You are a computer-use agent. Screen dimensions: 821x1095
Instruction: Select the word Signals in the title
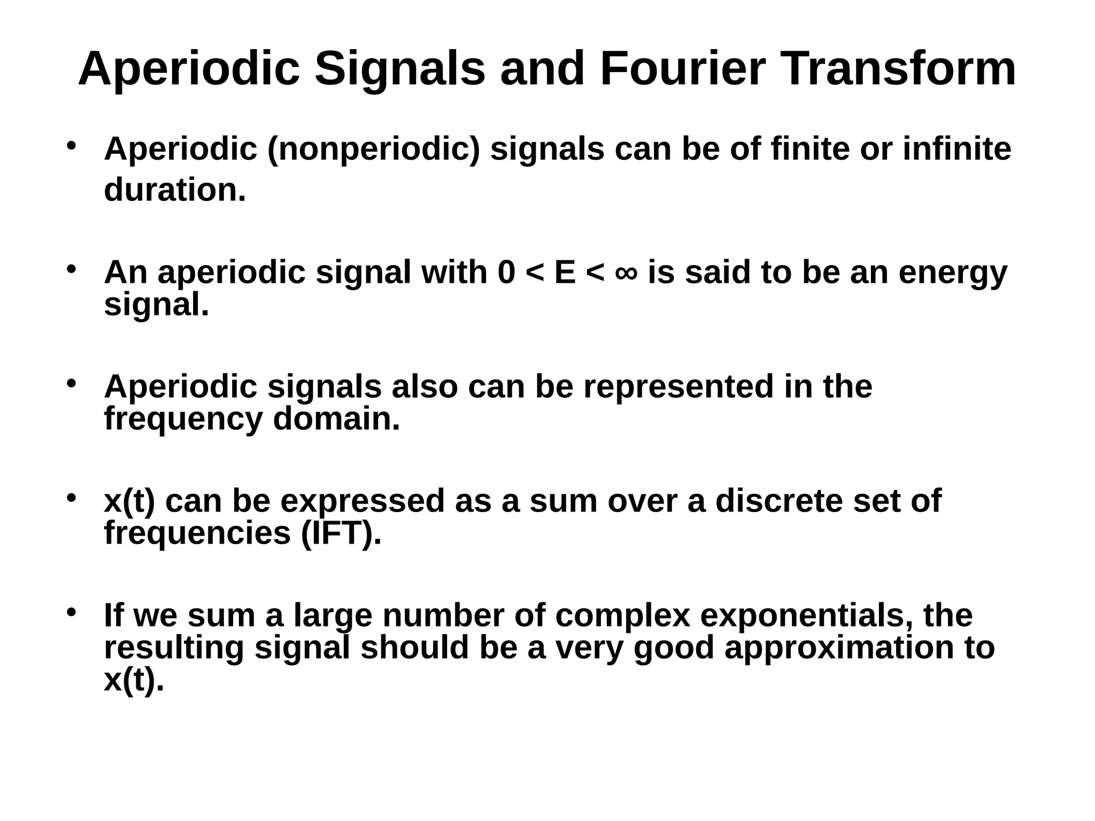point(400,69)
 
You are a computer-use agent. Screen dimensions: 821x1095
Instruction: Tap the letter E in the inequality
point(565,273)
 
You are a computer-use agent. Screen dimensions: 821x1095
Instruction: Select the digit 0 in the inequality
point(507,273)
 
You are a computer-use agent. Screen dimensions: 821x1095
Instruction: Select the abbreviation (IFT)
point(341,533)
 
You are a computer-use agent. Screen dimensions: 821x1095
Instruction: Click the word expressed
point(363,501)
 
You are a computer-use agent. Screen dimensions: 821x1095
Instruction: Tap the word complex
point(623,616)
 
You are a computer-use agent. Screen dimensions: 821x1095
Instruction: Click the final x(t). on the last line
point(134,680)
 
